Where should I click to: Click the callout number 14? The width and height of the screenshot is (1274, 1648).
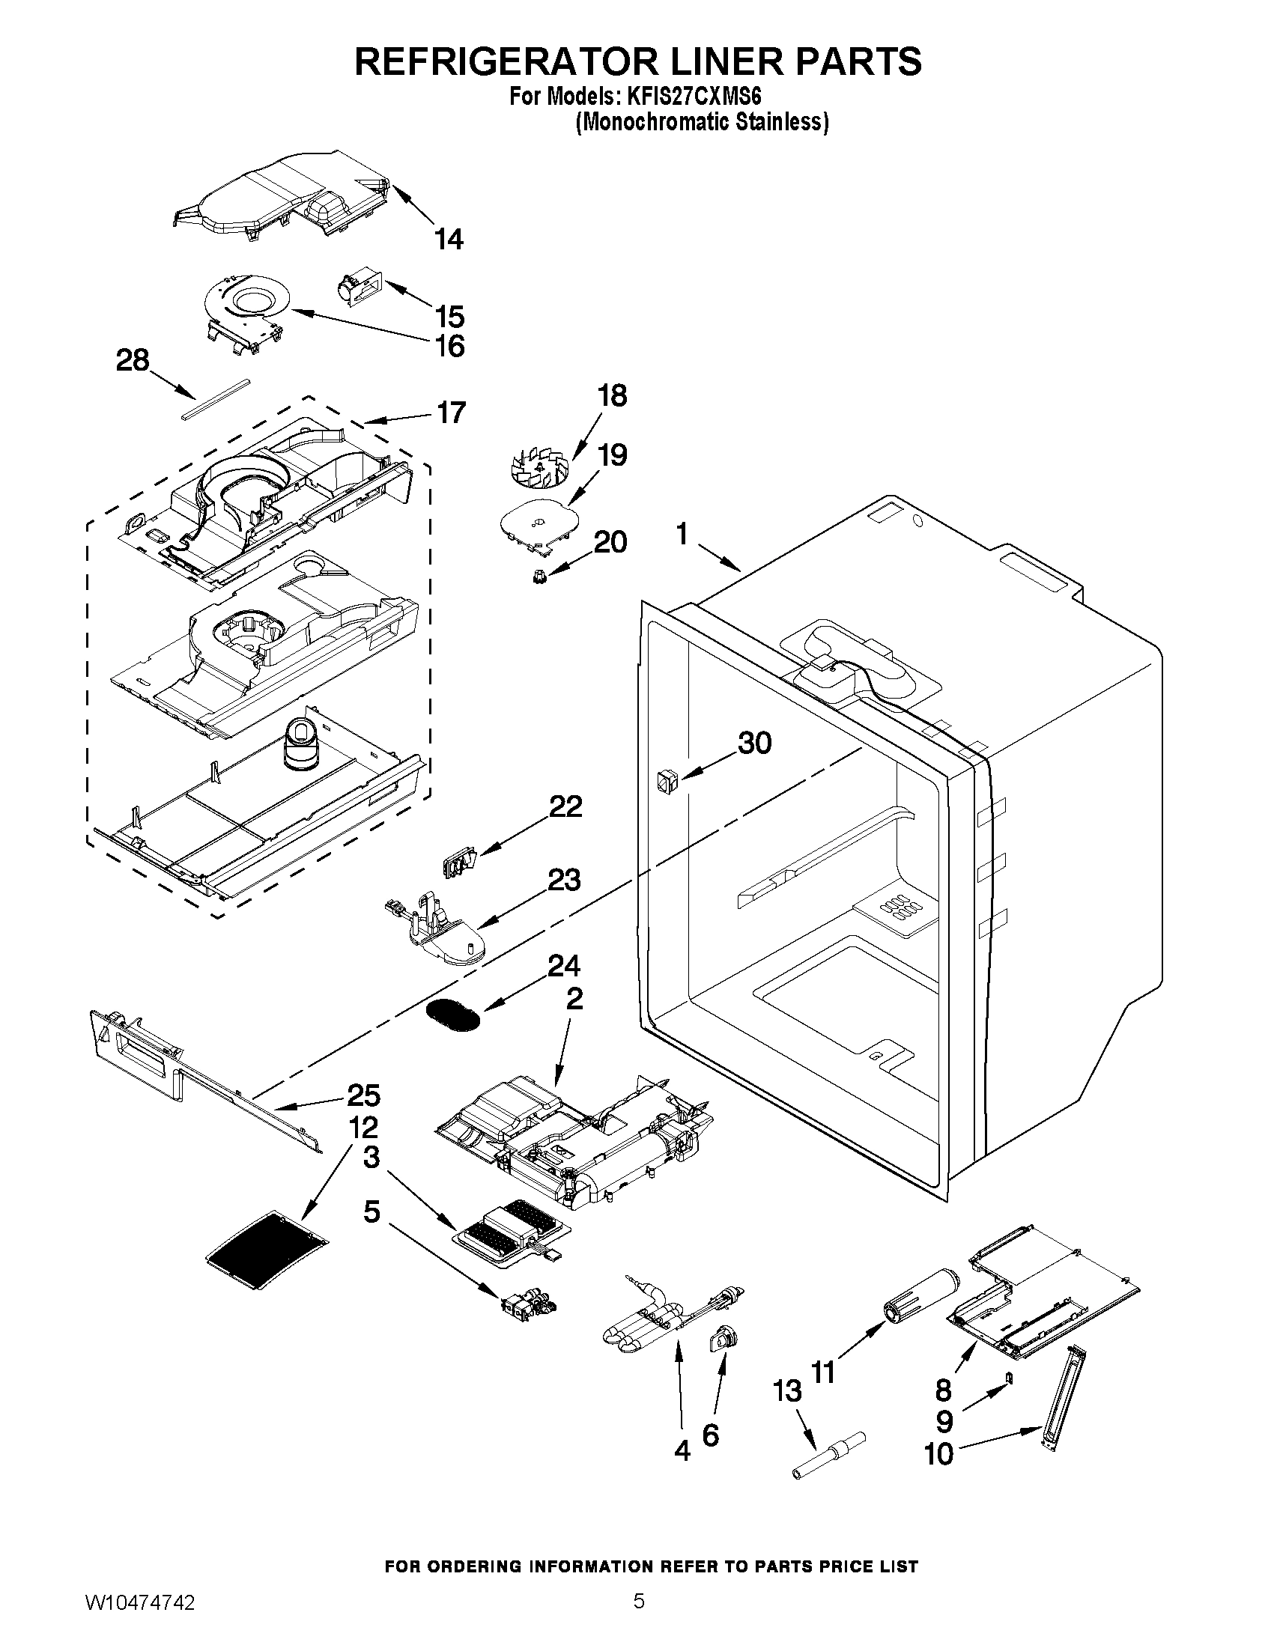449,239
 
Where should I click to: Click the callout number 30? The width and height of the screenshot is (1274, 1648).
754,744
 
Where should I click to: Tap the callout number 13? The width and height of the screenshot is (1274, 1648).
788,1391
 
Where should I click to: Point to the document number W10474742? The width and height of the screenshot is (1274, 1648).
140,1618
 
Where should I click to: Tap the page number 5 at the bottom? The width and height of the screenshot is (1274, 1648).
639,1617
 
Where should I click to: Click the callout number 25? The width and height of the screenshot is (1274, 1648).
363,1095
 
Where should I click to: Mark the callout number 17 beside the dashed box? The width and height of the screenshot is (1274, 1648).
452,413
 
